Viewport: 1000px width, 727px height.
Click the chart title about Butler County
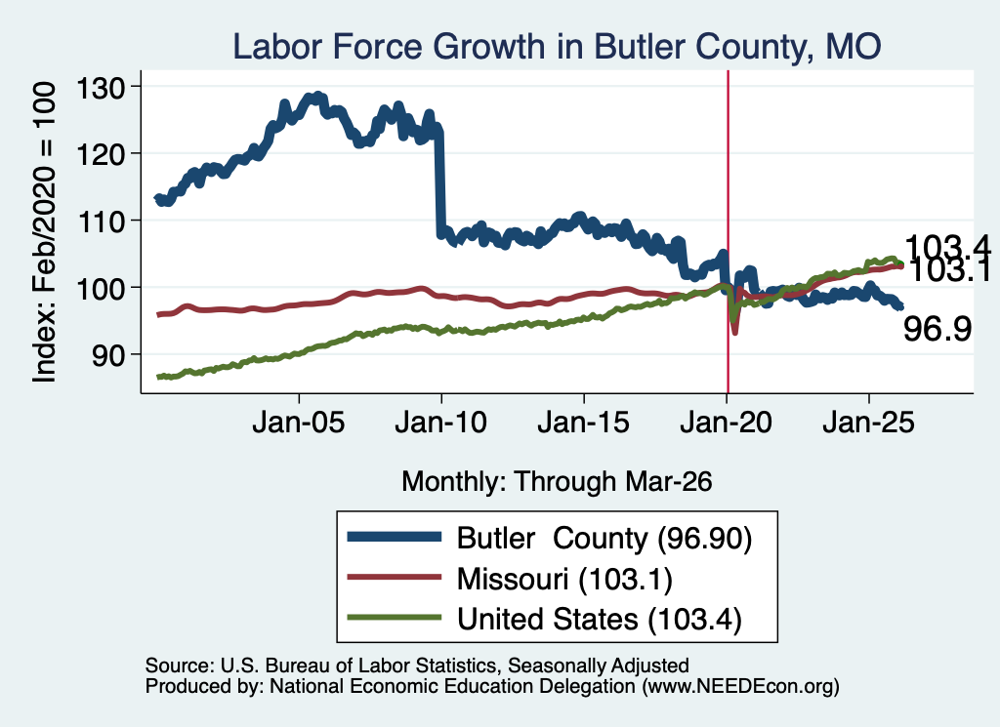[557, 47]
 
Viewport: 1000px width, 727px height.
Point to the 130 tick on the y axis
[101, 87]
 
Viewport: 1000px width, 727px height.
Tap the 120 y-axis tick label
[101, 153]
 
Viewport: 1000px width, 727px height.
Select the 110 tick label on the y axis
[101, 222]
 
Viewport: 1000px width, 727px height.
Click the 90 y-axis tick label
[107, 355]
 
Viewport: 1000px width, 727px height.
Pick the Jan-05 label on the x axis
[299, 423]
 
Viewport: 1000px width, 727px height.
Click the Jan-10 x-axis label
[440, 423]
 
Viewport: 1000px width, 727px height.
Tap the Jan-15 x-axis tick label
[584, 423]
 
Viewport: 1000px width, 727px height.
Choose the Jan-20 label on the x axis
[726, 423]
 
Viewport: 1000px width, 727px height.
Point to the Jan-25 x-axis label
[868, 423]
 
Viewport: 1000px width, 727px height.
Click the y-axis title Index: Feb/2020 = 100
[45, 232]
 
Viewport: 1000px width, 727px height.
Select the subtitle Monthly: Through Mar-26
[557, 482]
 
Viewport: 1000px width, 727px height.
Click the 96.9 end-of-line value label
[937, 330]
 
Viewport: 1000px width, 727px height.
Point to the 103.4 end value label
[947, 246]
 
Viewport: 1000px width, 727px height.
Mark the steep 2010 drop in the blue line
[438, 182]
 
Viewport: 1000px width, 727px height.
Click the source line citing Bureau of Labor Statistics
[417, 666]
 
